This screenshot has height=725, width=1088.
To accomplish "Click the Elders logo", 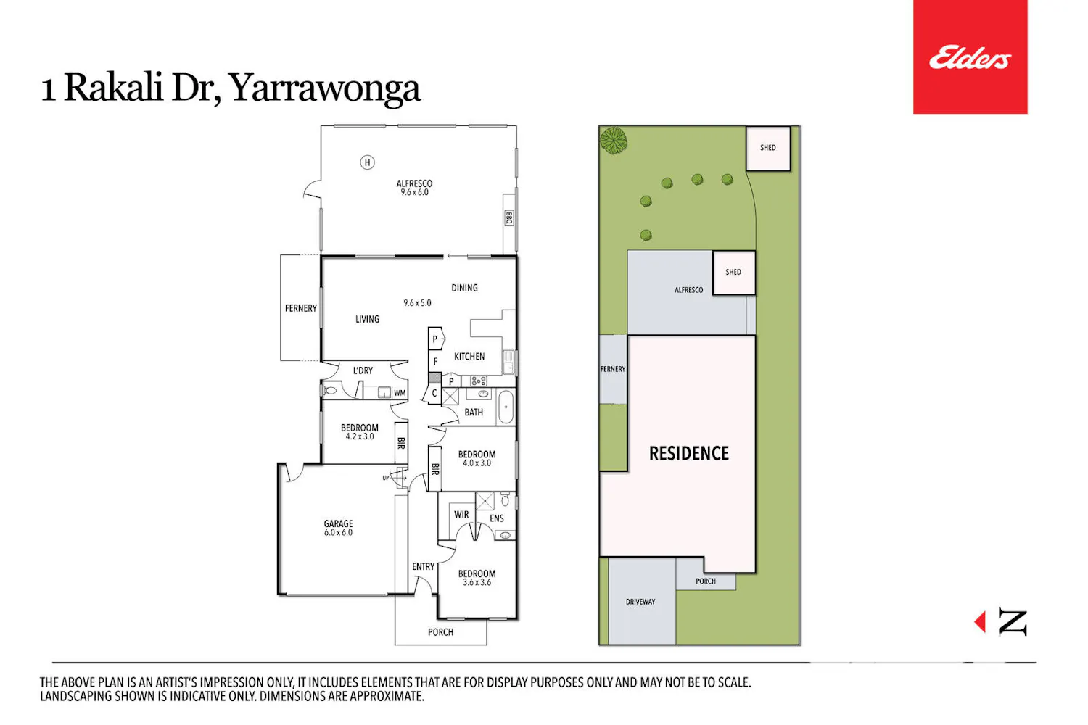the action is (x=970, y=57).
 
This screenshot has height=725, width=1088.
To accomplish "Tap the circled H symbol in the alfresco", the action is (x=367, y=162).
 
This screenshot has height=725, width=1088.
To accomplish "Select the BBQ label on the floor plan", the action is (x=509, y=218).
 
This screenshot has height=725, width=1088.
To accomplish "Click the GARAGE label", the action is (x=338, y=523).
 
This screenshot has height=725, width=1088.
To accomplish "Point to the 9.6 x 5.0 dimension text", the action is (x=417, y=303).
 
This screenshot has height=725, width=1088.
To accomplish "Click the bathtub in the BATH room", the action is (x=506, y=407).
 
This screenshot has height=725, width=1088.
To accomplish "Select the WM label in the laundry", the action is (x=400, y=393).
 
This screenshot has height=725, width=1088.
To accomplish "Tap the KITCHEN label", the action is (x=469, y=357).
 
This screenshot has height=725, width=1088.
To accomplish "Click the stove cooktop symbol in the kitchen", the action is (x=479, y=381).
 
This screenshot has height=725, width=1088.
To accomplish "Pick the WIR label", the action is (x=461, y=514).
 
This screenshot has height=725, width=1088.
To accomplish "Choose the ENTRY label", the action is (x=423, y=567).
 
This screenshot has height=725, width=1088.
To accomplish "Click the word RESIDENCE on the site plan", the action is (x=689, y=454).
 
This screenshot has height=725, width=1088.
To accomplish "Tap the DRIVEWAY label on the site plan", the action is (x=640, y=602).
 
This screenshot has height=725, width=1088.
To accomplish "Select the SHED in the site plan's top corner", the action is (x=768, y=148).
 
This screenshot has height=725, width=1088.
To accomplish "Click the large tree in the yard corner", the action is (x=614, y=141).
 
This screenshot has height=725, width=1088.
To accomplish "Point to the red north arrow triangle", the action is (x=980, y=621).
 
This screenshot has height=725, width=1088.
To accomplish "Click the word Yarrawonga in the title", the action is (x=324, y=89).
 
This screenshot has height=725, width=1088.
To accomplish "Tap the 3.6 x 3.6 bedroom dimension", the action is (x=477, y=582).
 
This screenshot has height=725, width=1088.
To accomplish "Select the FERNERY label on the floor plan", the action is (x=301, y=308).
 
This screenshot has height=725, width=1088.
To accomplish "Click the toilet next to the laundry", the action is (x=329, y=391).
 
